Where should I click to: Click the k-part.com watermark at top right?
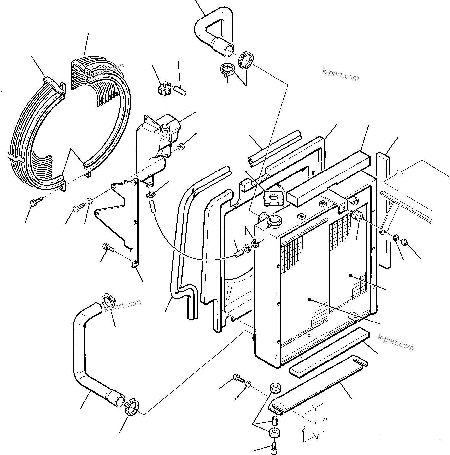[x=340, y=74]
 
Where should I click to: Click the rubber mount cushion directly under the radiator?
[x=275, y=389]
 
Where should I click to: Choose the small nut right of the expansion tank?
[x=182, y=146]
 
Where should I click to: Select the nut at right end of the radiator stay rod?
[x=404, y=242]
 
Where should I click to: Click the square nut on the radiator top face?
[x=301, y=217]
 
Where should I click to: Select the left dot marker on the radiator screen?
[x=309, y=299]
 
